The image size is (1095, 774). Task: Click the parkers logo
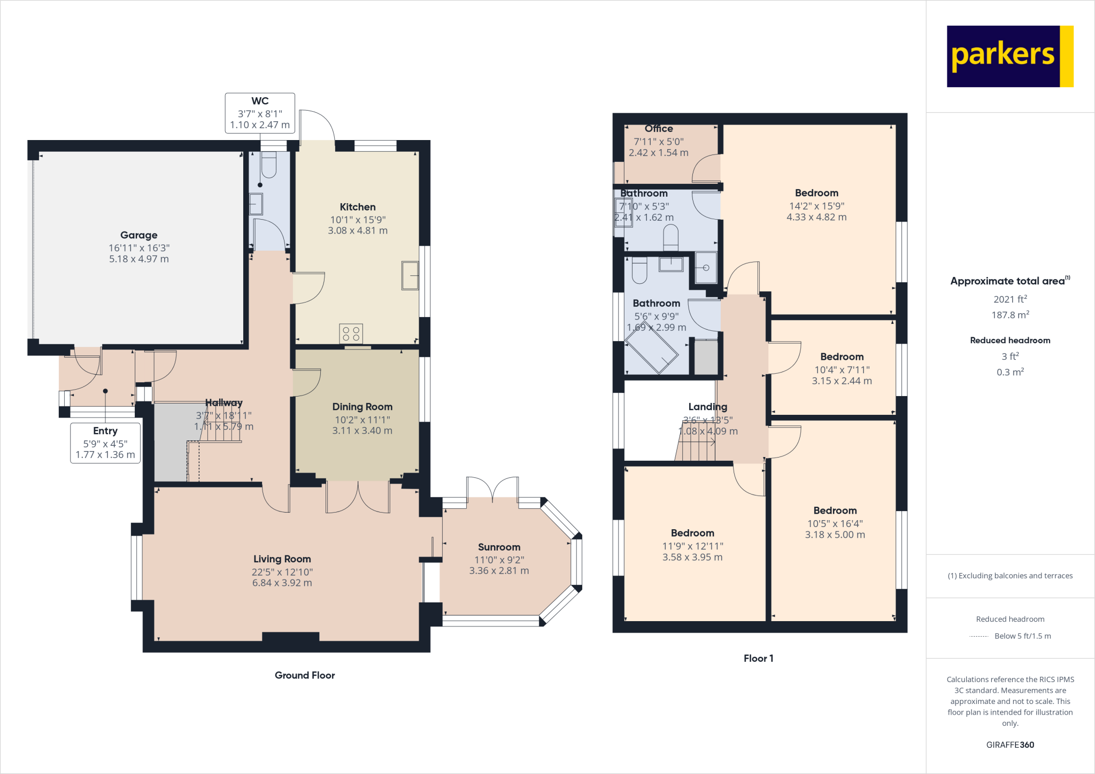tap(1009, 56)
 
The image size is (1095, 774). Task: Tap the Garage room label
tap(139, 235)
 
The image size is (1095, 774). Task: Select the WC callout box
tap(260, 113)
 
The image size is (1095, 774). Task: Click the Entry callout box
tap(105, 443)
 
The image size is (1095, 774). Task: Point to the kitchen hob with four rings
tap(351, 334)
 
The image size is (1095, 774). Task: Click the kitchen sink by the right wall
tap(410, 275)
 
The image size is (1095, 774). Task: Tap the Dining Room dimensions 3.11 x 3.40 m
tap(362, 431)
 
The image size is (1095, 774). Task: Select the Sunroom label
tap(499, 547)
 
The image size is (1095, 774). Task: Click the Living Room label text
tap(282, 559)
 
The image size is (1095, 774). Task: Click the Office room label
tap(659, 129)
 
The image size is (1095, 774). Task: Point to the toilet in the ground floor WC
tap(268, 165)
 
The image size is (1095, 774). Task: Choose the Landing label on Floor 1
tap(707, 407)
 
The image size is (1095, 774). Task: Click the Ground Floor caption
tap(305, 675)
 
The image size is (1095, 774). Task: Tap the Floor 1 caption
tap(758, 659)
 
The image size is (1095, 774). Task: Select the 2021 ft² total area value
tap(1009, 299)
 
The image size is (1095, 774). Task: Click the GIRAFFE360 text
tap(1009, 745)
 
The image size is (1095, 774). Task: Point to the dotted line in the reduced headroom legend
tap(978, 636)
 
